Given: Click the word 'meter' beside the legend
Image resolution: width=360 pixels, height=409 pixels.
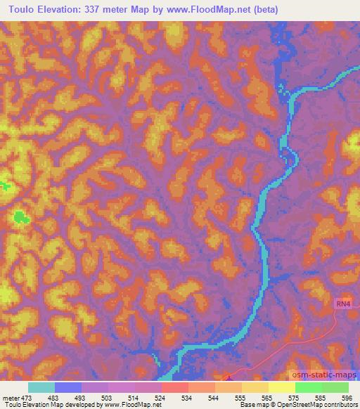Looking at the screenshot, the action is coord(10,397).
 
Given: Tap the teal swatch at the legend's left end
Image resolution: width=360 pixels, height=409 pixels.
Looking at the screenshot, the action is coord(41,387).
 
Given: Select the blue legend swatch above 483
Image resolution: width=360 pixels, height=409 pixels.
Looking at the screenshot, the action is coord(68,387).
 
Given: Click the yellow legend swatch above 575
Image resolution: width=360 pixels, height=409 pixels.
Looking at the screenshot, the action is coord(282,387).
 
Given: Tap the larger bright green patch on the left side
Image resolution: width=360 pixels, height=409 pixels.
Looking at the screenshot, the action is coord(22,219).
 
